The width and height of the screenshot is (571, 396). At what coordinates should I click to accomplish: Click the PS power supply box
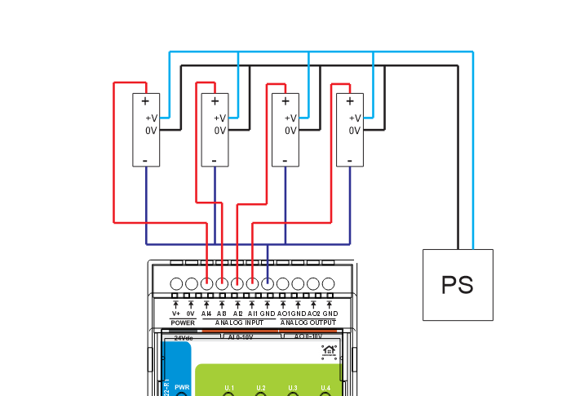coord(458,285)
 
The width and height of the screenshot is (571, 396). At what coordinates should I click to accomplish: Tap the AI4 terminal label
coord(206,314)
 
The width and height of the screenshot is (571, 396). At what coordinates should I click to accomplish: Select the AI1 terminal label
coord(252,314)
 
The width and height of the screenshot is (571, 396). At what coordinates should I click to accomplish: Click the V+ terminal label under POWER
coord(176,314)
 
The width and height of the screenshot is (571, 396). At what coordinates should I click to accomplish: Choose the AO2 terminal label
coord(314,314)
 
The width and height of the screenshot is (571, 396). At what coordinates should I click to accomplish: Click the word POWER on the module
coord(183,323)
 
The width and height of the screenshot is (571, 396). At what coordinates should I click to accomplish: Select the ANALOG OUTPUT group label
coord(308,323)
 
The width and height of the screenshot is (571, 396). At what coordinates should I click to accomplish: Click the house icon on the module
coord(329,352)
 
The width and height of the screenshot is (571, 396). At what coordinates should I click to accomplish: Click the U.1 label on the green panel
coord(229,387)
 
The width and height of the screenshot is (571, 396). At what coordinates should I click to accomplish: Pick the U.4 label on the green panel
coord(325,387)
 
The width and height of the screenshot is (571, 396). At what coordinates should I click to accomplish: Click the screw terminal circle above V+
coord(176,283)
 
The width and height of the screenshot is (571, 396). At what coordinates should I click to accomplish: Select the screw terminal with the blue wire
coord(268,283)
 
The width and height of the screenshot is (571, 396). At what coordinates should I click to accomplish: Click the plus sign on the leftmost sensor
coord(145,101)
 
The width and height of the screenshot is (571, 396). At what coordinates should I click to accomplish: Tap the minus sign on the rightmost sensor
coord(349,161)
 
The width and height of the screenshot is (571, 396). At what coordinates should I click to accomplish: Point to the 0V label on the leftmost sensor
coord(151,131)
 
